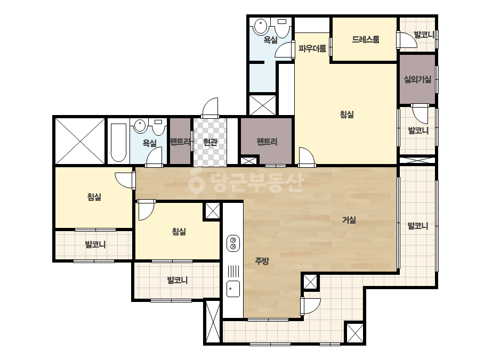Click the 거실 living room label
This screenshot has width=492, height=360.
pos(349,220)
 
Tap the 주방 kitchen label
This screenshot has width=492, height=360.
pos(262,260)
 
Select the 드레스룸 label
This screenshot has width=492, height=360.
pos(366,39)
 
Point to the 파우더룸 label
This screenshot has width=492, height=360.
pos(312,48)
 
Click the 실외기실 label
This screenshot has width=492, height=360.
pos(417,79)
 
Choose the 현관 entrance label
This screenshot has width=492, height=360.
pos(210,142)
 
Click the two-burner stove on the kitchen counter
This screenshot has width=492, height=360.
pos(233,243)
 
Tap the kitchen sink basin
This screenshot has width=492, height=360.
pos(233,289)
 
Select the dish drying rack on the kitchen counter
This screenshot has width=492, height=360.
pos(233,271)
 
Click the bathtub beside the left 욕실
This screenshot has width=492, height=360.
pos(119,142)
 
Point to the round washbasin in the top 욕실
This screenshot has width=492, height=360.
pos(261,26)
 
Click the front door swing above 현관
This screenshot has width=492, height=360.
pos(210,108)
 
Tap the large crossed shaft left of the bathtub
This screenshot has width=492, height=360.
pos(80,141)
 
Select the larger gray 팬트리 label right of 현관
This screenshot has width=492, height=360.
pos(267,142)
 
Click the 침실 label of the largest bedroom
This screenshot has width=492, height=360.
pos(346,114)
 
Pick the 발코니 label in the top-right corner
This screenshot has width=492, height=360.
pos(424,35)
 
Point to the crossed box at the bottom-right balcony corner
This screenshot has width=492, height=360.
pos(356,333)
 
